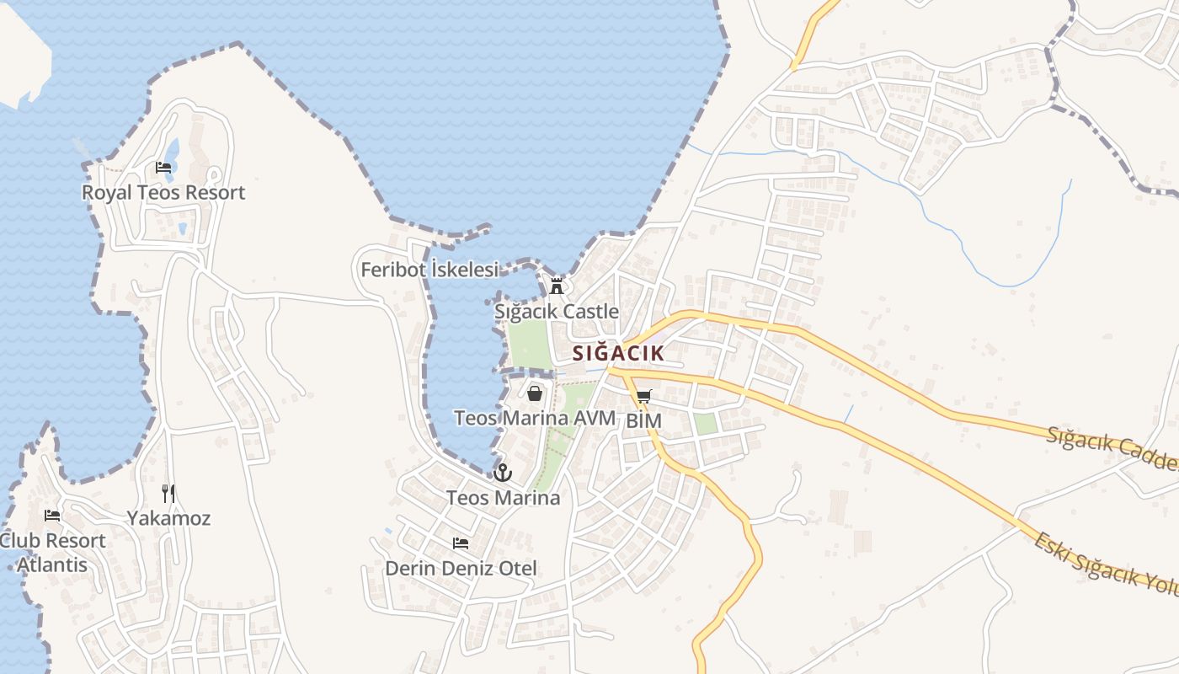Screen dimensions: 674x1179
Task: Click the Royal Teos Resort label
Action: point(163,192)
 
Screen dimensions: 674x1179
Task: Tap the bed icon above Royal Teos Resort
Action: point(163,168)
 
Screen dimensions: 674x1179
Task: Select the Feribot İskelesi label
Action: point(429,270)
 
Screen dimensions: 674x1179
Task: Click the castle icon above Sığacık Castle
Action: point(556,286)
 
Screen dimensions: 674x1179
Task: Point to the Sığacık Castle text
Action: point(557,311)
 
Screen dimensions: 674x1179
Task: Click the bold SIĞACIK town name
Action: point(618,353)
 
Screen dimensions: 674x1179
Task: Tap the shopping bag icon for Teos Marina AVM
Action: point(535,393)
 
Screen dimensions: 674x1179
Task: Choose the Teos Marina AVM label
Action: point(535,418)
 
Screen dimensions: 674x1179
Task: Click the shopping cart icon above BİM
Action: point(644,396)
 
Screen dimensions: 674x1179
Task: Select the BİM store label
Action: point(644,420)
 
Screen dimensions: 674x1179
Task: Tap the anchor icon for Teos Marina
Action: point(503,473)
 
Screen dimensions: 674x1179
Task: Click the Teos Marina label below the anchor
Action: point(503,498)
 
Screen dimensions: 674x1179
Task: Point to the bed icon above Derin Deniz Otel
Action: point(461,543)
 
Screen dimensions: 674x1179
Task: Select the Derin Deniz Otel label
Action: point(461,568)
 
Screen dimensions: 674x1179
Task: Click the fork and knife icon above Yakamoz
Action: point(168,493)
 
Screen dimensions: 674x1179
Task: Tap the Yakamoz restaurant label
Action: point(168,518)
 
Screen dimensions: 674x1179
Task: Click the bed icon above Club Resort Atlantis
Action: point(52,515)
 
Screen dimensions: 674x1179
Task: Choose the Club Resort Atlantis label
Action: point(52,552)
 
